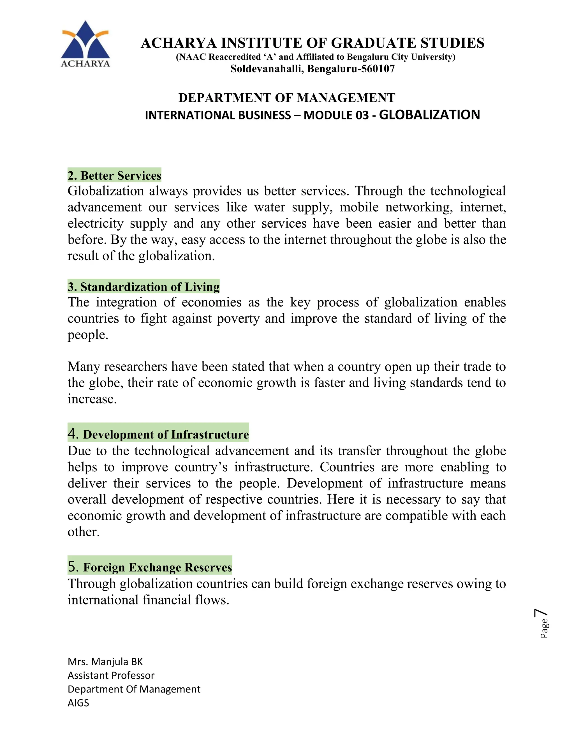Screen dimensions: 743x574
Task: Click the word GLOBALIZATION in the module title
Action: point(429,115)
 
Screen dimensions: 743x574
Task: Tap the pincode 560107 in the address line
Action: point(378,69)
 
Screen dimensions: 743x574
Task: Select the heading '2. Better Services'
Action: point(114,176)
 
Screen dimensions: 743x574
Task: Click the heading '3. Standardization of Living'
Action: point(143,287)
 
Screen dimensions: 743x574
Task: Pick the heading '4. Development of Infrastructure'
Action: point(158,434)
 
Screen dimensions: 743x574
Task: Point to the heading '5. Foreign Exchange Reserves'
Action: point(150,567)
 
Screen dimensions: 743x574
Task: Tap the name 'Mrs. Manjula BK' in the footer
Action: point(105,662)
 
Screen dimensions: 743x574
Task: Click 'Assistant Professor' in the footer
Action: point(111,675)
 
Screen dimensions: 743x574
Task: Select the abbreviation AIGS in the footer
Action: point(78,703)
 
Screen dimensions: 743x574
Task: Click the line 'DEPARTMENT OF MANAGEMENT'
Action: point(287,98)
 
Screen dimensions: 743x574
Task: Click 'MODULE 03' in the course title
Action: point(336,115)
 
